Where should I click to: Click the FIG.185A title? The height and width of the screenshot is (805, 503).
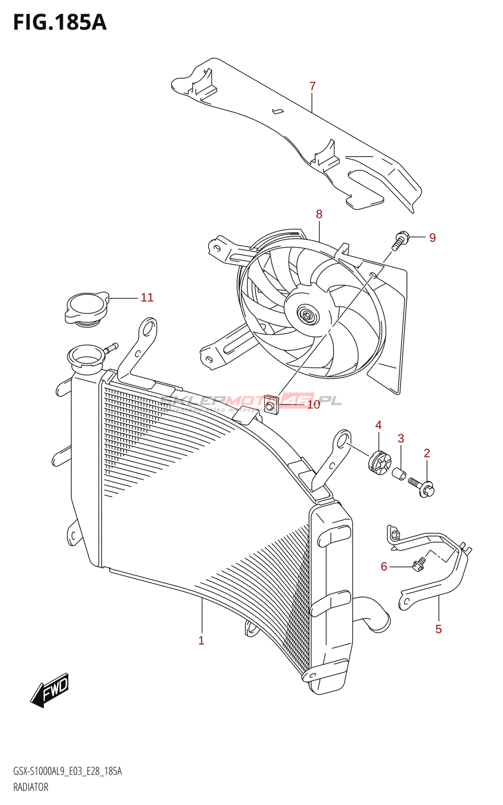59,23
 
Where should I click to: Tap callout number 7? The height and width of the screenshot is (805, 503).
312,87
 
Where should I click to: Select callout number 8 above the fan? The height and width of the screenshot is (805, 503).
319,214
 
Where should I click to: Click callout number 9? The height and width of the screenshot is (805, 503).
432,237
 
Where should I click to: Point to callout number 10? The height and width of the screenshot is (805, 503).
313,405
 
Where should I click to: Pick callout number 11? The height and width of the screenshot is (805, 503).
147,298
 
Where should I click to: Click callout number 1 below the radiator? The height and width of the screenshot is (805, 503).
201,640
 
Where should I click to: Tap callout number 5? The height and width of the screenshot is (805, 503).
438,629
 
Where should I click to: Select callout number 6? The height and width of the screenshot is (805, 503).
384,567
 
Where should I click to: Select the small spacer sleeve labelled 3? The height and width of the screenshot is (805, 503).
399,473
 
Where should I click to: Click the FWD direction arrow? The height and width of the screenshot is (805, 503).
50,690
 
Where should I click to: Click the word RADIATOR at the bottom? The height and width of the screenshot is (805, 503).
31,787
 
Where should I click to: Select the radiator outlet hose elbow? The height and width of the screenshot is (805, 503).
375,614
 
